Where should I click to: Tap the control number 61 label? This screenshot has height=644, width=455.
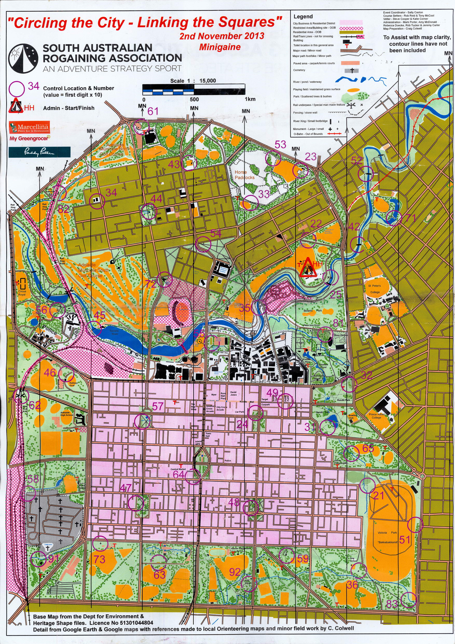pos(153,111)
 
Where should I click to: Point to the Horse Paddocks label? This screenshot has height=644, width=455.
pos(244,175)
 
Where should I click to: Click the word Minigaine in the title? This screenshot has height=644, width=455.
pos(220,47)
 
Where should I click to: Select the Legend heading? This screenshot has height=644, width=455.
pos(303,16)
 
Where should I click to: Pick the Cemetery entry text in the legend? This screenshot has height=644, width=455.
pos(299,70)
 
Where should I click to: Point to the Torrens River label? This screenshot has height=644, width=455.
pos(114,332)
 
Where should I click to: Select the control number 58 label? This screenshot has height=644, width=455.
pos(33,479)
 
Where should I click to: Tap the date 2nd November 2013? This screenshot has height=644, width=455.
pos(222,36)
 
